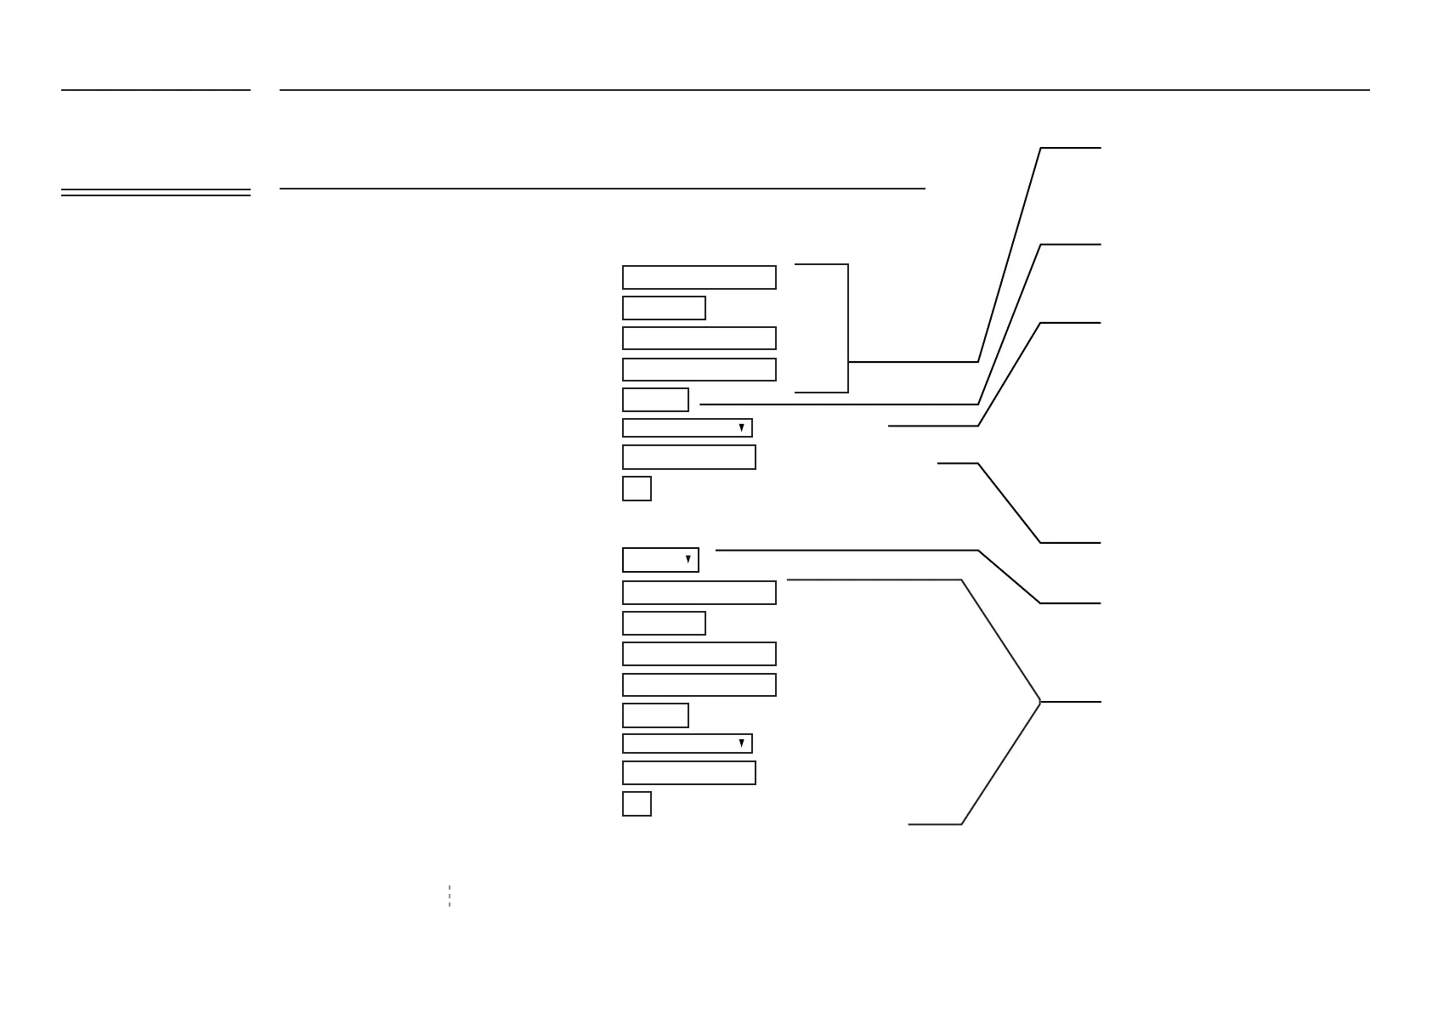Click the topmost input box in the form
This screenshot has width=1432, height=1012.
(699, 278)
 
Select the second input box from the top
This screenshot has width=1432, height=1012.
(664, 308)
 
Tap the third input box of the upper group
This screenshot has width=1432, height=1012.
(699, 338)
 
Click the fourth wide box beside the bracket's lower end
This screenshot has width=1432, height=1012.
(699, 370)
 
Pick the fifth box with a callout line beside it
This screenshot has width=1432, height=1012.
(655, 399)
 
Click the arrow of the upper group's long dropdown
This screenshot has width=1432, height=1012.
(741, 427)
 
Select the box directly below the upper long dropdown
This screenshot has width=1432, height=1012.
(688, 457)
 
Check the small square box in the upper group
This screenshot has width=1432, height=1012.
(637, 489)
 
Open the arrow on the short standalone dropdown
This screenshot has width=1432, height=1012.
(688, 560)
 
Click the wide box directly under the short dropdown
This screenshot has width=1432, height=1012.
(699, 592)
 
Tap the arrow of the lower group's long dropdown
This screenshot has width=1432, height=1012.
(741, 743)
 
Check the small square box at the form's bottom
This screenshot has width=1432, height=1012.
(637, 804)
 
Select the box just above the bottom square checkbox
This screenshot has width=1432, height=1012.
(688, 772)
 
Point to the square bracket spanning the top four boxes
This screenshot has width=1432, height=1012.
(848, 328)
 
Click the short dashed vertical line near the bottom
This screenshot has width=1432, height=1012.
(450, 896)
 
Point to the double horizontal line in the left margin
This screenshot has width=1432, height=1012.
(156, 193)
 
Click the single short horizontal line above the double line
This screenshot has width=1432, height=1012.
(156, 89)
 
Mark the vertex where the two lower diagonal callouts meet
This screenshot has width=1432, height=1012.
(1040, 702)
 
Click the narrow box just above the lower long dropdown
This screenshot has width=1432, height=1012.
(655, 715)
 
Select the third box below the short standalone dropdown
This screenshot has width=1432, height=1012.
(699, 653)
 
